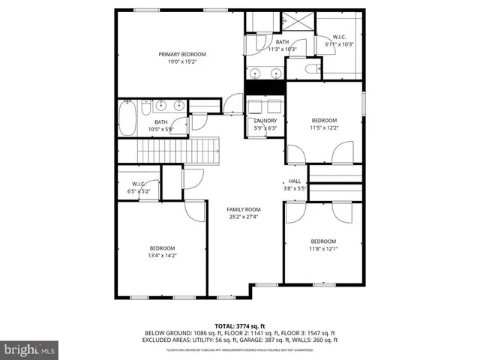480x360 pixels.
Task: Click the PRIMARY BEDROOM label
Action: click(x=181, y=54)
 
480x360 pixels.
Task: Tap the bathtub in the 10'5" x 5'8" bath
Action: click(x=127, y=118)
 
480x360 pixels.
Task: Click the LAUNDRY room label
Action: click(x=265, y=121)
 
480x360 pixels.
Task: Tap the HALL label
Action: click(x=295, y=181)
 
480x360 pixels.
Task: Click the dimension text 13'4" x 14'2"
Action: click(x=162, y=256)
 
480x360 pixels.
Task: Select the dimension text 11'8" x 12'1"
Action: click(x=324, y=249)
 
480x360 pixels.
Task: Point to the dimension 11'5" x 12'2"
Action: click(x=325, y=127)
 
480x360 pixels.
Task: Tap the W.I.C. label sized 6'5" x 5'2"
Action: click(x=138, y=184)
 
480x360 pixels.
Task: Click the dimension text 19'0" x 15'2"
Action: click(x=181, y=62)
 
